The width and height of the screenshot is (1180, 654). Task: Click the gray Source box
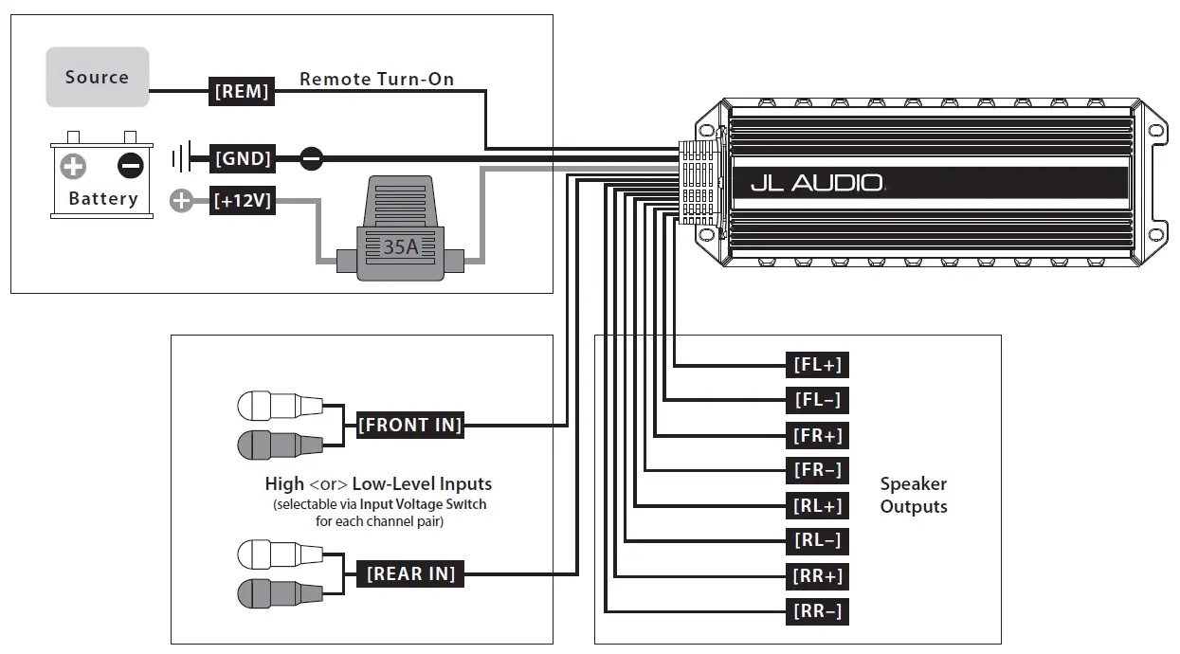click(98, 78)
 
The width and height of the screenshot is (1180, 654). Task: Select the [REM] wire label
click(242, 92)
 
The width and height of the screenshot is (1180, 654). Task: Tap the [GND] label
click(243, 158)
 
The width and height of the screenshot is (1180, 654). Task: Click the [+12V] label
click(243, 200)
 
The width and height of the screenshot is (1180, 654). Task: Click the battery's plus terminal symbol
click(73, 167)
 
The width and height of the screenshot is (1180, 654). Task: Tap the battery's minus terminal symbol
click(130, 167)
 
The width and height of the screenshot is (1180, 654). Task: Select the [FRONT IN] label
click(410, 425)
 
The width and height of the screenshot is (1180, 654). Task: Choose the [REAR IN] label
click(410, 573)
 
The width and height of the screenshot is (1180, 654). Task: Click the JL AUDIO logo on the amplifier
click(816, 183)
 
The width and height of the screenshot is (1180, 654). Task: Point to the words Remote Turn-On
click(376, 80)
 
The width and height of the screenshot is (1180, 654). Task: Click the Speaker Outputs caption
click(913, 495)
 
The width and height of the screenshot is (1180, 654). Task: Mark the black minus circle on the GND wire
click(311, 158)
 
